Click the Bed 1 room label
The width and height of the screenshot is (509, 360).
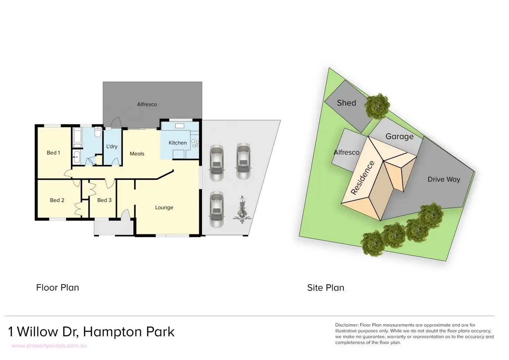coord(53,153)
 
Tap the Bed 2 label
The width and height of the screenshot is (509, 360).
coord(57,200)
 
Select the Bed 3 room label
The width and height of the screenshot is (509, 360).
coord(104,200)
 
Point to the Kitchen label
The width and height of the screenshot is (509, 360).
coord(177,143)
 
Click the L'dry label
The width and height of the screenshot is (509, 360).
coord(112,146)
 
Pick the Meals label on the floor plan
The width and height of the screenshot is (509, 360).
coord(137,154)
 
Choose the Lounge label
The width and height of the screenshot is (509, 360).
coord(164,207)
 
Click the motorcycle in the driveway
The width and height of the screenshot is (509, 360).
coord(242,210)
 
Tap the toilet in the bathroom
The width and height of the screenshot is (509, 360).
coord(98,132)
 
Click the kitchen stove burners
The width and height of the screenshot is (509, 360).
coord(195,143)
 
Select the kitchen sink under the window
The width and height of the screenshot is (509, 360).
coord(179,126)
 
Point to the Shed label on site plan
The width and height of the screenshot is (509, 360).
coord(346,103)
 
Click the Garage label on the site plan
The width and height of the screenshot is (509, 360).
coord(399,136)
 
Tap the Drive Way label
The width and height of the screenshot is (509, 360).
coord(444,179)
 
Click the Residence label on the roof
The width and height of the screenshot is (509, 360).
coord(362,178)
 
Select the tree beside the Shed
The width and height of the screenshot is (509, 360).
coord(377,107)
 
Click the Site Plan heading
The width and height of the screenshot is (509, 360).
coord(326,288)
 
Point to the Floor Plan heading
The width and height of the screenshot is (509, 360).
coord(57,287)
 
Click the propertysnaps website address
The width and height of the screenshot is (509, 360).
coord(49,346)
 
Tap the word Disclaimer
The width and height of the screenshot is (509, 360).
coord(347,325)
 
